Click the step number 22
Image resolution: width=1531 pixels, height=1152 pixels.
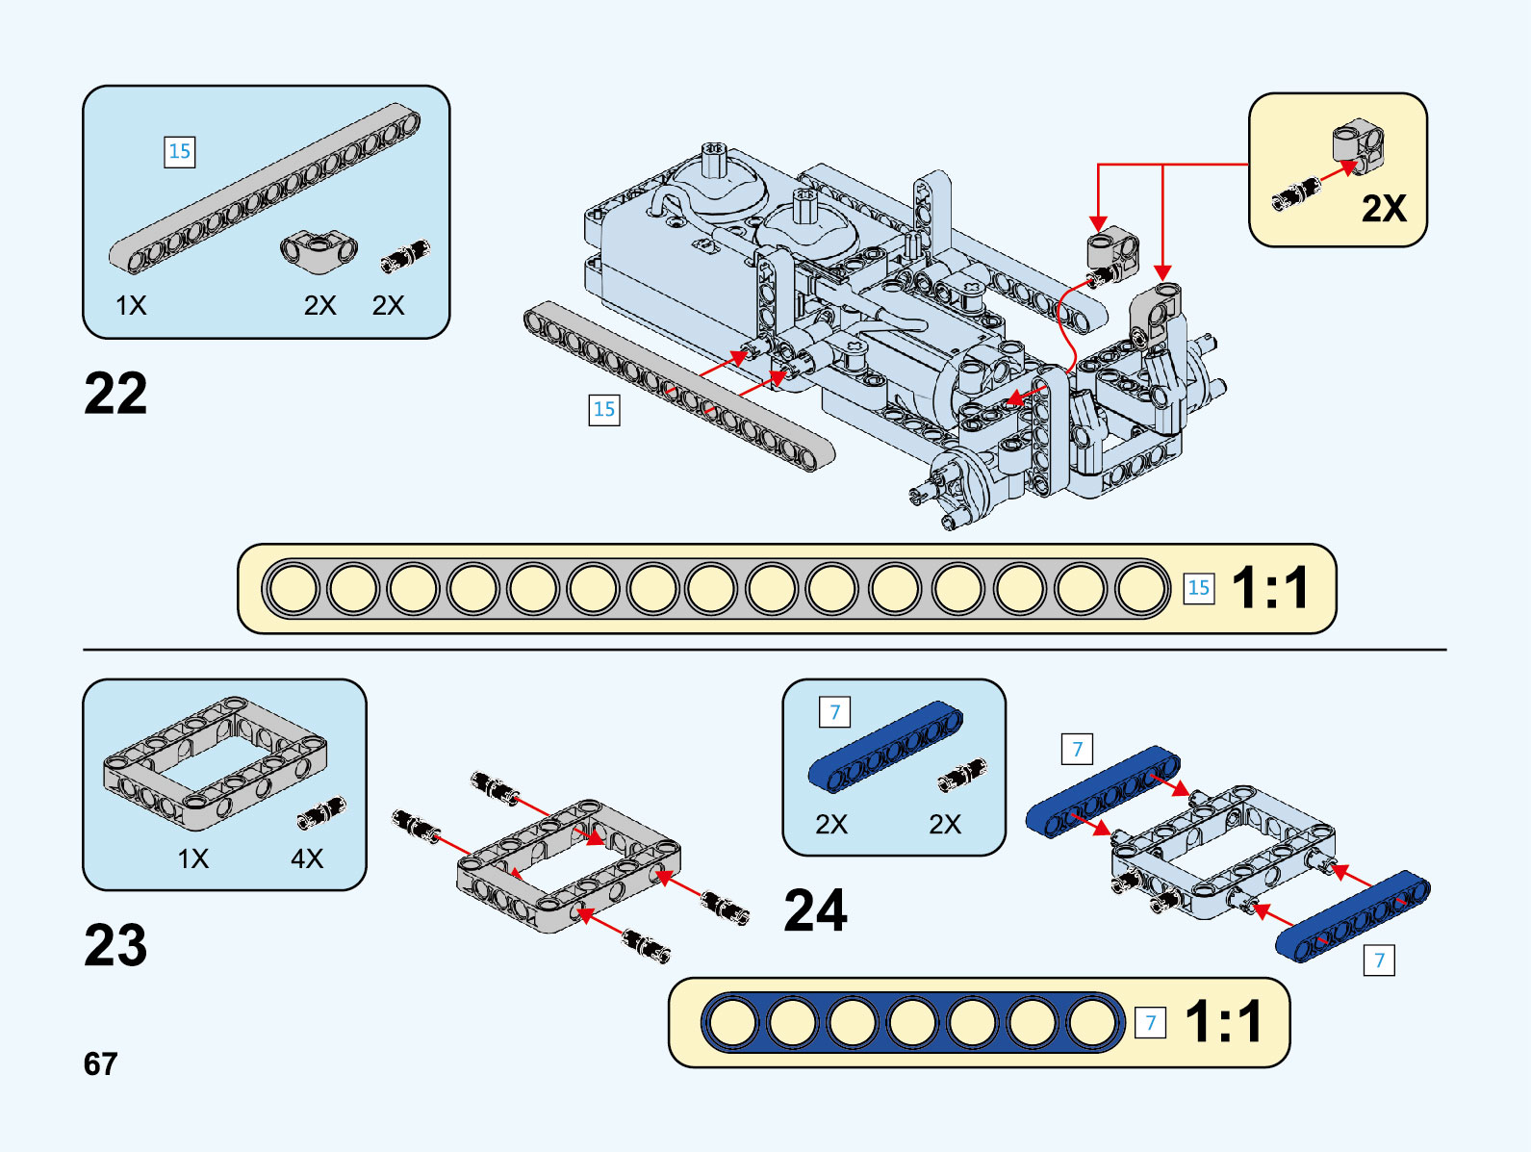coord(115,394)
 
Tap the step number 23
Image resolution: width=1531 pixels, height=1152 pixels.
coord(115,945)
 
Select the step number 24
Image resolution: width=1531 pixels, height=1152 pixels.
coord(815,910)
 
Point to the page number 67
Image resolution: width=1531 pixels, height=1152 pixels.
coord(100,1063)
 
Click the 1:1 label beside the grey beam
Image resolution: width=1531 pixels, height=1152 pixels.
coord(1270,588)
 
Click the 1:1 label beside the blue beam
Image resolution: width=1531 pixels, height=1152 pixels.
coord(1223,1022)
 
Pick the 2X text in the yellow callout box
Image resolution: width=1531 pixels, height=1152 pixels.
coord(1384,208)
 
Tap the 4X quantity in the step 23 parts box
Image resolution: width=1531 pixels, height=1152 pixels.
coord(307,858)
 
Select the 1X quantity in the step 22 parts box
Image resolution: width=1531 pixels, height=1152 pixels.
coord(131,305)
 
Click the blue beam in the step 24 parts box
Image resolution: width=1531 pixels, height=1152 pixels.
coord(885,748)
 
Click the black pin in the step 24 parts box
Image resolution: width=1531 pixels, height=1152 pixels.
coord(962,774)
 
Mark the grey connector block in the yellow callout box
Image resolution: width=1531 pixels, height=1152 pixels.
coord(1358,142)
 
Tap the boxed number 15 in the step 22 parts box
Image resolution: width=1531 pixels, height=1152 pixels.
coord(180,151)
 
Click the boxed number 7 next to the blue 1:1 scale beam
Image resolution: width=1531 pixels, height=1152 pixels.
coord(1150,1022)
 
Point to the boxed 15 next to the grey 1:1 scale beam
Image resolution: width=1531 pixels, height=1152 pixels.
coord(1198,588)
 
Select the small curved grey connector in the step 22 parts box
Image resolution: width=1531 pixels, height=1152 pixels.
coord(319,248)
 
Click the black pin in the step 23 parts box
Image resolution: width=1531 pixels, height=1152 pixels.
coord(321,812)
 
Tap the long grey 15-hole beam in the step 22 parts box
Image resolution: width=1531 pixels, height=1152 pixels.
coord(265,188)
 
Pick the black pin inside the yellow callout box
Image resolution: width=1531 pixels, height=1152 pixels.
coord(1296,194)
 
